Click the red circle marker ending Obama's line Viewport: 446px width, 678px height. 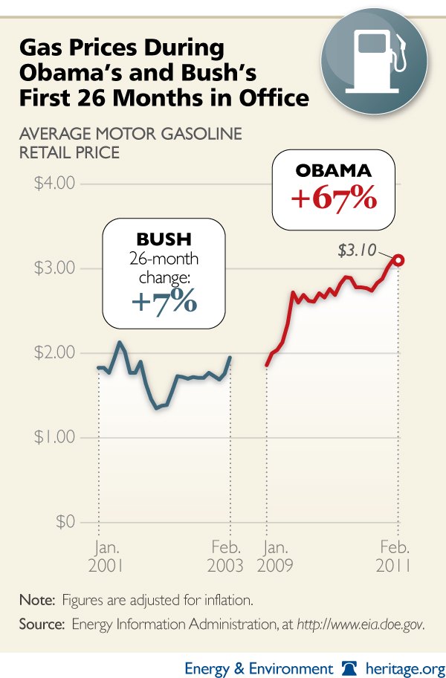tap(398, 259)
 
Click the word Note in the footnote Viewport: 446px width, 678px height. tap(36, 599)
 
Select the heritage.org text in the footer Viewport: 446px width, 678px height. tap(402, 667)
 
